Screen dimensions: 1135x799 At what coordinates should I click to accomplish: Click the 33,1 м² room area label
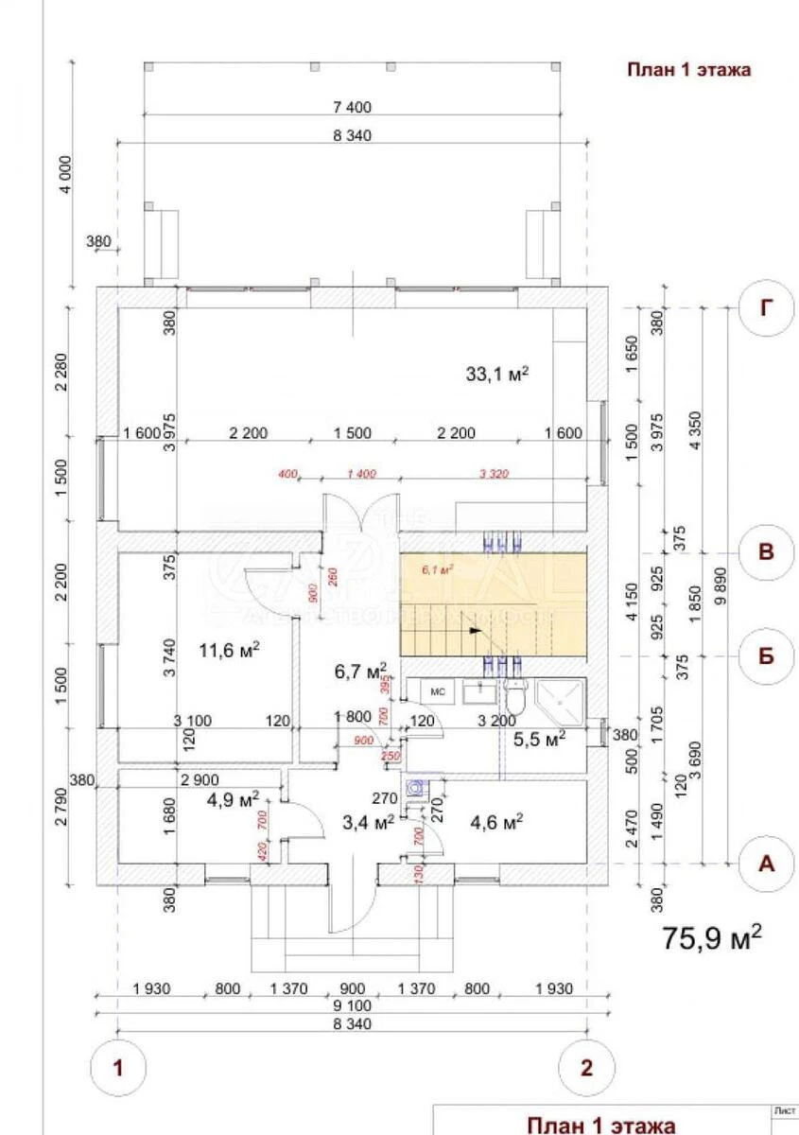click(495, 374)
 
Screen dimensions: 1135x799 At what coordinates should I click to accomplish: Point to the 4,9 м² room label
click(233, 800)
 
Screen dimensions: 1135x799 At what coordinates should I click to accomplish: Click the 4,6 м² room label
click(496, 823)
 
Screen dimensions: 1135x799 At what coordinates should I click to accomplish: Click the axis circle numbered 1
click(118, 1069)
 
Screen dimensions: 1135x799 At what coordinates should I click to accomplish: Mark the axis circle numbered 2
click(587, 1069)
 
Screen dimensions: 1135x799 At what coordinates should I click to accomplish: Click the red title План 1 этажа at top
click(689, 70)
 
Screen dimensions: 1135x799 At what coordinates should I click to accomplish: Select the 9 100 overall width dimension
click(352, 1005)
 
